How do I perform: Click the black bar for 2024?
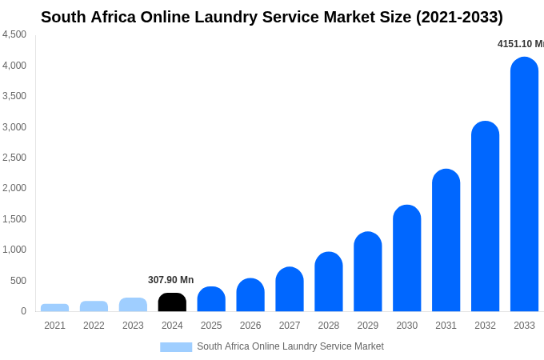pyautogui.click(x=172, y=302)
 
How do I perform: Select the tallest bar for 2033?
pyautogui.click(x=524, y=184)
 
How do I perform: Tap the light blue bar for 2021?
pyautogui.click(x=54, y=307)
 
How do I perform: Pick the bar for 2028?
pyautogui.click(x=329, y=282)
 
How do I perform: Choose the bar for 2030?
pyautogui.click(x=407, y=258)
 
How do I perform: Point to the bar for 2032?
pyautogui.click(x=485, y=216)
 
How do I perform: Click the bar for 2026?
pyautogui.click(x=250, y=295)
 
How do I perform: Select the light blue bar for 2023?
pyautogui.click(x=133, y=305)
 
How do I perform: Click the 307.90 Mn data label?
pyautogui.click(x=170, y=280)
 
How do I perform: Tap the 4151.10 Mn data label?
pyautogui.click(x=521, y=44)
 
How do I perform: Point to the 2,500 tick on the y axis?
pyautogui.click(x=14, y=158)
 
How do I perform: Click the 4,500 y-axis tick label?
pyautogui.click(x=14, y=34)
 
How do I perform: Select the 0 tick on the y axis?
pyautogui.click(x=23, y=311)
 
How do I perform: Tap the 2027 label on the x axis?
pyautogui.click(x=290, y=326)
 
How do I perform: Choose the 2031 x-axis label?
pyautogui.click(x=446, y=326)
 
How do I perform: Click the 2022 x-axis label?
pyautogui.click(x=94, y=326)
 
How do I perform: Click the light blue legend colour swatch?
pyautogui.click(x=176, y=347)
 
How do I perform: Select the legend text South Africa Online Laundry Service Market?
pyautogui.click(x=290, y=346)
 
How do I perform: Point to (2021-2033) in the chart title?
pyautogui.click(x=459, y=17)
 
